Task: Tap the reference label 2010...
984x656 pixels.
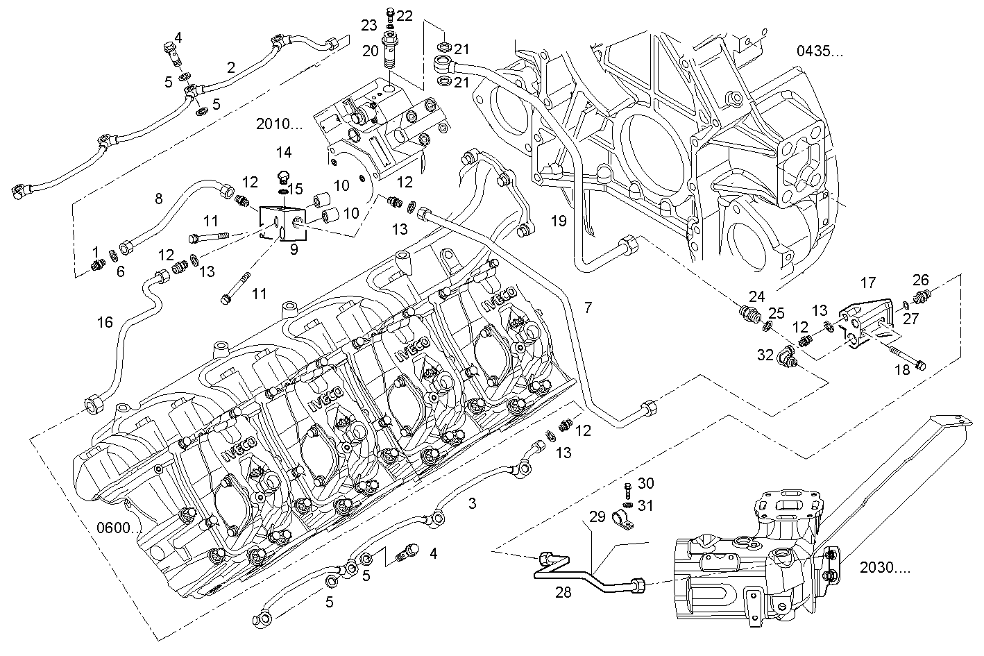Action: coord(279,124)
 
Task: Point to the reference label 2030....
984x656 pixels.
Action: coord(885,567)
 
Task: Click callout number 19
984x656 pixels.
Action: coord(559,221)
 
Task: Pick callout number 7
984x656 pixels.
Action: coord(588,308)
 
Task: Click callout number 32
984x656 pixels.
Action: coord(765,355)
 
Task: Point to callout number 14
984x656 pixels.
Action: coord(283,152)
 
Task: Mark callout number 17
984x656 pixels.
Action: coord(868,283)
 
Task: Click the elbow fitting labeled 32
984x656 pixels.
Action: coord(787,356)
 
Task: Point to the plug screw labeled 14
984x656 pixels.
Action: coord(283,175)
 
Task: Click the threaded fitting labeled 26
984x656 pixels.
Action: coord(922,298)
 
